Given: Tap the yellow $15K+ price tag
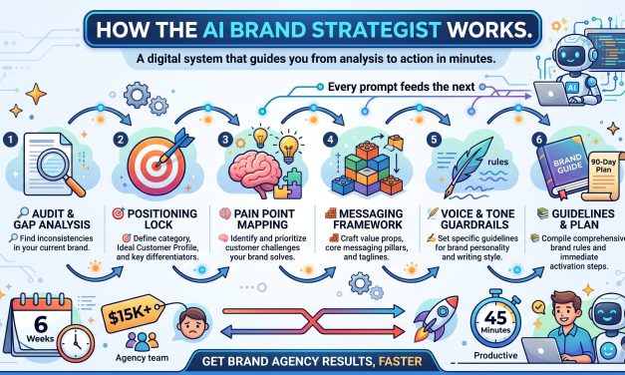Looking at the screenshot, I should pos(134,317).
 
